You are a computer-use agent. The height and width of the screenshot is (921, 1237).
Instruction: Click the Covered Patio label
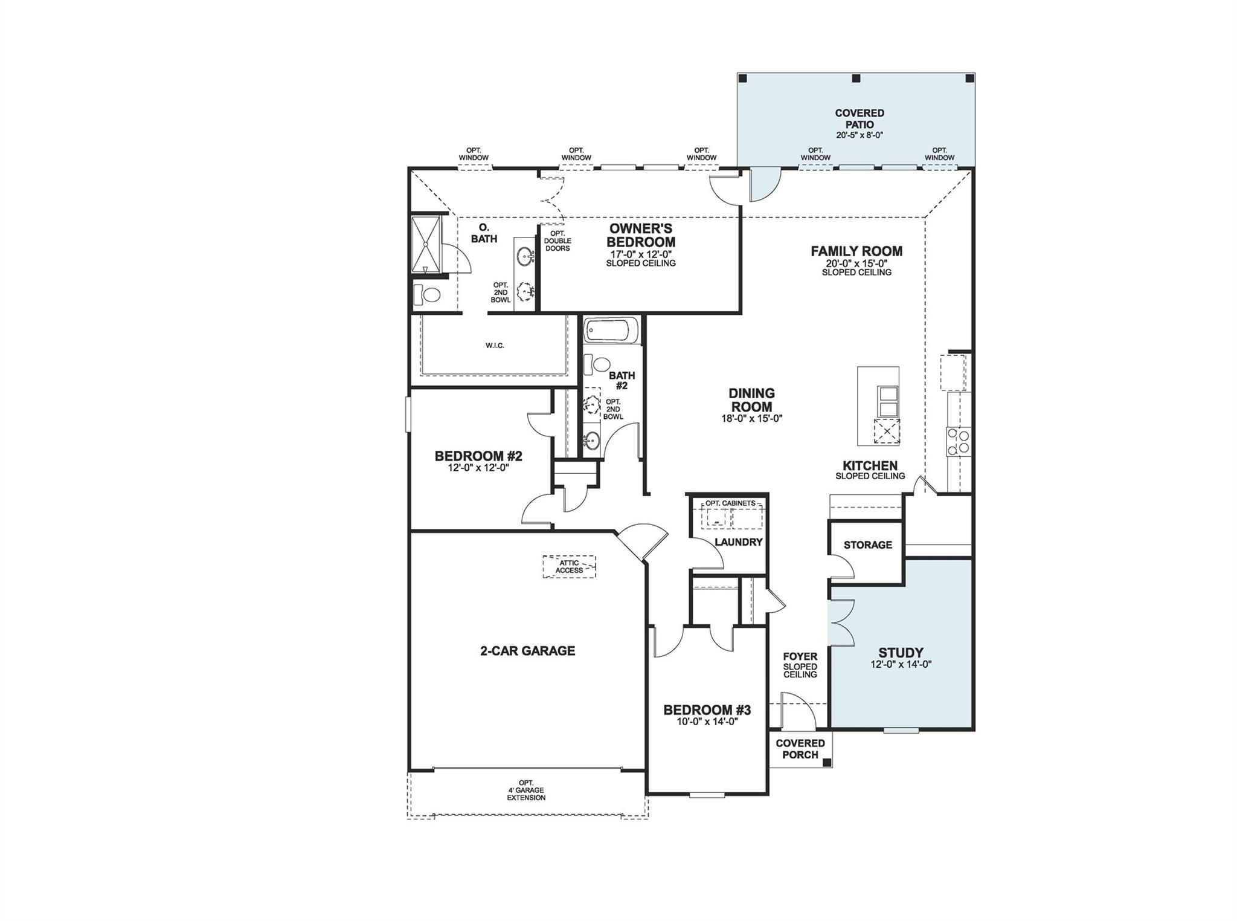859,118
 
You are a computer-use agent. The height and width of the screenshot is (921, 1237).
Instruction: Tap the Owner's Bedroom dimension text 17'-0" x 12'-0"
641,254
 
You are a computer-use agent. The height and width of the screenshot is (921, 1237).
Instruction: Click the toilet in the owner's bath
428,295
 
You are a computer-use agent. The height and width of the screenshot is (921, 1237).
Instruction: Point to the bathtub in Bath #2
611,331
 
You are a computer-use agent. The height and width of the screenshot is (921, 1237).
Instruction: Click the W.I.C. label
495,346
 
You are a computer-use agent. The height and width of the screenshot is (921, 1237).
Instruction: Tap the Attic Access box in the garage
569,566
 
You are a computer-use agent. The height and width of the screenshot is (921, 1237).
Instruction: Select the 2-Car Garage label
527,651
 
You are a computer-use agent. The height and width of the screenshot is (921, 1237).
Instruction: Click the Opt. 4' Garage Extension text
525,790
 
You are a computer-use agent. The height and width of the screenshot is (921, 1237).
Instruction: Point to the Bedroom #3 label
707,709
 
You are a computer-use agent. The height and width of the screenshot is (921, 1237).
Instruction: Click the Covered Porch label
800,749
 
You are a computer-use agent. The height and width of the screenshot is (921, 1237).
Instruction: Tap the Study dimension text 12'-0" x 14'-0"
901,664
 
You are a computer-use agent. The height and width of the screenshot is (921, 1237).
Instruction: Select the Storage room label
867,545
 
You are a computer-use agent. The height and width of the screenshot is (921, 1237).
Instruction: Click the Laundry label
738,542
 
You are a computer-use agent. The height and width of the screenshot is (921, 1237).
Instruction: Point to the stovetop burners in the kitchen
958,441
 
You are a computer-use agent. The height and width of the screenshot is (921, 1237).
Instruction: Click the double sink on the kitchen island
887,402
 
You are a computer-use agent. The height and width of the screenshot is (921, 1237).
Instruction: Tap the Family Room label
856,251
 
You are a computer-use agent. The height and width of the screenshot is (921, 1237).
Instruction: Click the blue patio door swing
763,184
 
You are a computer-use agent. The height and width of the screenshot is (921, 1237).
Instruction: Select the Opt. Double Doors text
557,241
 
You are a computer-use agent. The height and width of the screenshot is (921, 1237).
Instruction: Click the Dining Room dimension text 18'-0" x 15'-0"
751,418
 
